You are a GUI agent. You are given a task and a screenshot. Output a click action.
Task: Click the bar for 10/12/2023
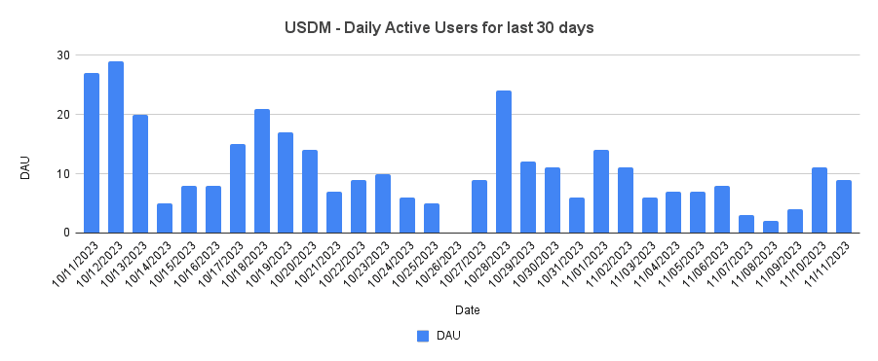coord(116,147)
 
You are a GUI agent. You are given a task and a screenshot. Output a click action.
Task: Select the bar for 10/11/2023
coord(92,153)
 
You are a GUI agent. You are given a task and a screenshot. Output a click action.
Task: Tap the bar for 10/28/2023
coord(504,162)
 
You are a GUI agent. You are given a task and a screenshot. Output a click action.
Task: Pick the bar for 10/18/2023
coord(261,170)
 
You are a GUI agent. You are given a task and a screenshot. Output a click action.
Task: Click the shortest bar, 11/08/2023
coord(771,227)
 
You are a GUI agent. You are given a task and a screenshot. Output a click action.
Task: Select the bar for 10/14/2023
coord(165,218)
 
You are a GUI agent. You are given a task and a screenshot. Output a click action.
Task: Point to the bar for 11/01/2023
coord(601,192)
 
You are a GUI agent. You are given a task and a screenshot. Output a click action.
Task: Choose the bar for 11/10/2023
coord(820,200)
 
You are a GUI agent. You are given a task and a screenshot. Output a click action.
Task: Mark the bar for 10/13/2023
coord(140,173)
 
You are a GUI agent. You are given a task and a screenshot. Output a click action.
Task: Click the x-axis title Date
coord(466,310)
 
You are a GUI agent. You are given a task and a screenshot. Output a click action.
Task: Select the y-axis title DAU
coord(27,167)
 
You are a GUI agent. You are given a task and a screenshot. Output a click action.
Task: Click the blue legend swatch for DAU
coord(423,336)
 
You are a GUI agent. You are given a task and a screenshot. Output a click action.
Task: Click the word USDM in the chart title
coord(308,28)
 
